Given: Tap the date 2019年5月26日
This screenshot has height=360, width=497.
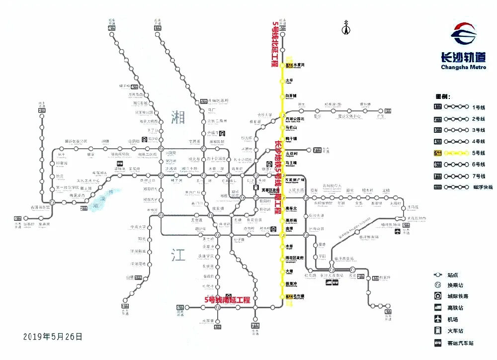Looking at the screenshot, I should click(53, 337).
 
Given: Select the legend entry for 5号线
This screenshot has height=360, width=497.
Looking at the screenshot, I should click(452, 153).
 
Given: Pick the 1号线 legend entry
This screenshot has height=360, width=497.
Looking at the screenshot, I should click(452, 107).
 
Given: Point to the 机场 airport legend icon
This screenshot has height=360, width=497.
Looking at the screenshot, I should click(438, 319).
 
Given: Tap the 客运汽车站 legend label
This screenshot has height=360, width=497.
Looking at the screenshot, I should click(460, 343).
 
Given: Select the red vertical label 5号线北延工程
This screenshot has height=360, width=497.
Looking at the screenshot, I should click(275, 44).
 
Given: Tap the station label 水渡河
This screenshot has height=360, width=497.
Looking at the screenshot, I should click(298, 65).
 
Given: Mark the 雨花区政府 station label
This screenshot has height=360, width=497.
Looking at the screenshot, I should click(295, 259).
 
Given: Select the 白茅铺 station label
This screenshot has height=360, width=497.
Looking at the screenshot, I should click(291, 95).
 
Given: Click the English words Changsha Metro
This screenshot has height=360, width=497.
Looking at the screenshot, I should click(464, 67).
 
